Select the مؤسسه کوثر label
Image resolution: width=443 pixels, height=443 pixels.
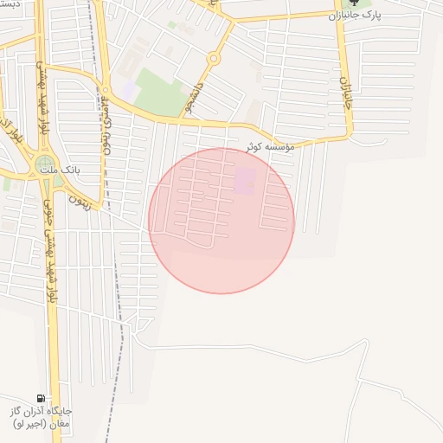point(270,147)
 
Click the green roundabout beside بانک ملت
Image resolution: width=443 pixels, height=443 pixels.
point(44,164)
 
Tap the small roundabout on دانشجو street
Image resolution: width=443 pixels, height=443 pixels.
point(213,59)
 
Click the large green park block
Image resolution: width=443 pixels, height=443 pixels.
point(161,92)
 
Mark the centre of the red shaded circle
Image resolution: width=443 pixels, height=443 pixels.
point(221,221)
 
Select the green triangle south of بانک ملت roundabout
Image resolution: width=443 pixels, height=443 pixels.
point(58,182)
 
